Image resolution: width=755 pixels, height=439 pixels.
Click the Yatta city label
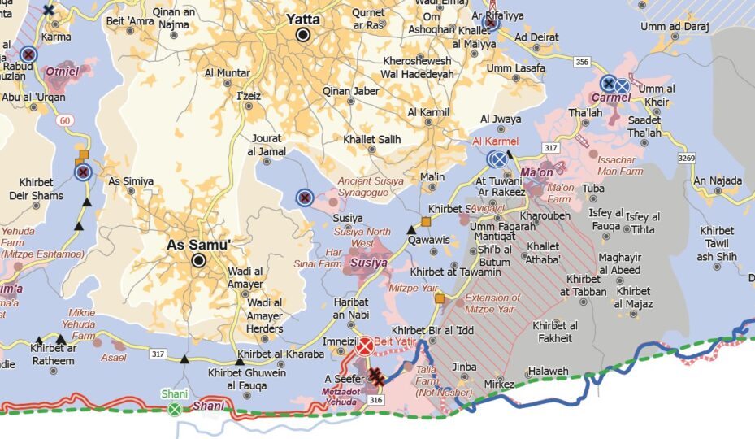coord(302,19)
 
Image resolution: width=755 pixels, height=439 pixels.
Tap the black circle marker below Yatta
coord(304,35)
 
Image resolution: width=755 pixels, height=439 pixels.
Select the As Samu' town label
coord(199,244)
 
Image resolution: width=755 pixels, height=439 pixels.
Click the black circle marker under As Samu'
coord(198,260)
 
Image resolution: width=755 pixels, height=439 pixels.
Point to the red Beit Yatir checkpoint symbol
coord(366,346)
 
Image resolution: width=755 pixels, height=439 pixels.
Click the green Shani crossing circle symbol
coord(174,408)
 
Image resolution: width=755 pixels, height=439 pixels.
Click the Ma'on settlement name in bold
coord(537,173)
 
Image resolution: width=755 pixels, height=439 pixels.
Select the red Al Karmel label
coord(496,142)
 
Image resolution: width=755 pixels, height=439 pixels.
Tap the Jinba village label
coord(464,367)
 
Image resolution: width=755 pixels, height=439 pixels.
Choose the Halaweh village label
coord(548,371)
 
